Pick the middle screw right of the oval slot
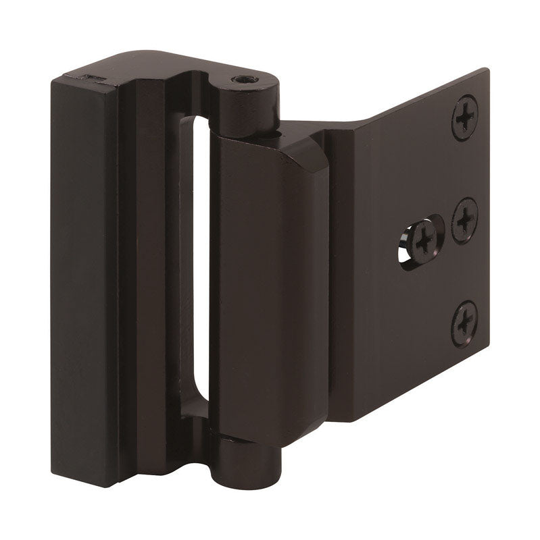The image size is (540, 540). pyautogui.click(x=465, y=219)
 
